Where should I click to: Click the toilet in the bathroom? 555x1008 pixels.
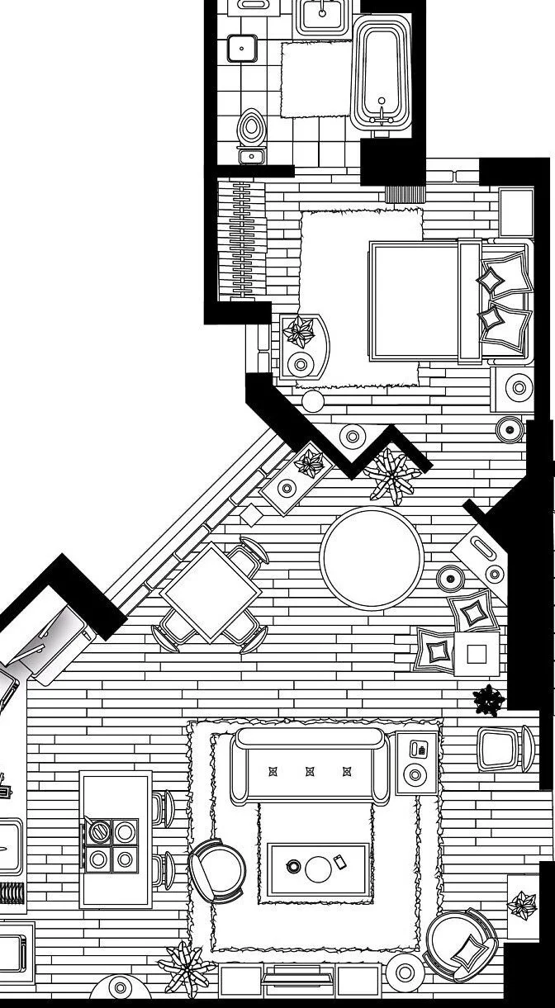251,130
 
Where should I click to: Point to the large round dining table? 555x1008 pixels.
372,558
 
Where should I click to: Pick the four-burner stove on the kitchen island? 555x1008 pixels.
111,845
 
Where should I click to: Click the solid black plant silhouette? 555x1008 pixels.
489,701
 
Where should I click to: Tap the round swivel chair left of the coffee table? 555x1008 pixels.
218,872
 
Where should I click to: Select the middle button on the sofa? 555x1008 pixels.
311,772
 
